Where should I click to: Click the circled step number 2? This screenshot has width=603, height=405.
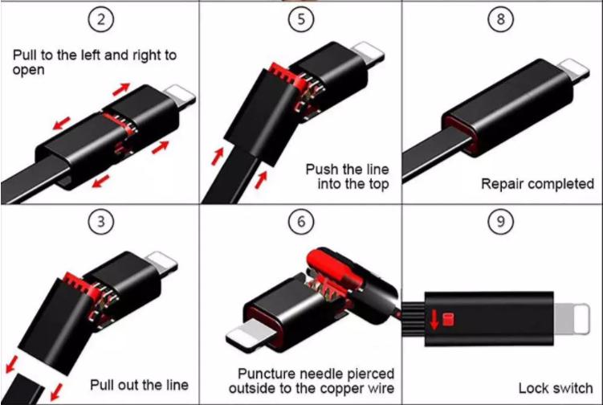coord(101,19)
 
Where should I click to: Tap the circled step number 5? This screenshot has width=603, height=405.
coord(301,19)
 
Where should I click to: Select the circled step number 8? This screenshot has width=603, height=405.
coord(501,18)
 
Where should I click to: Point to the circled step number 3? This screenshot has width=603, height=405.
coord(101,222)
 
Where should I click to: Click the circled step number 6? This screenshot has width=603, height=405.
coord(301,222)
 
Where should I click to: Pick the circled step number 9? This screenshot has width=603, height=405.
coord(501,222)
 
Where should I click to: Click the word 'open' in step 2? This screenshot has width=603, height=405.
coord(28,71)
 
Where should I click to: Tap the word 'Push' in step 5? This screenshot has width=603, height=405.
coord(322,169)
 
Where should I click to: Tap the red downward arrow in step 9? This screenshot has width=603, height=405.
coord(434,320)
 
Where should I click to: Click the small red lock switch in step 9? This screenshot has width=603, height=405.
coord(448,320)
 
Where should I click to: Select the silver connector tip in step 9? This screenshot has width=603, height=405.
coord(572,318)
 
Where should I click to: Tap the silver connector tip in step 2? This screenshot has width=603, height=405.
coord(180,97)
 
